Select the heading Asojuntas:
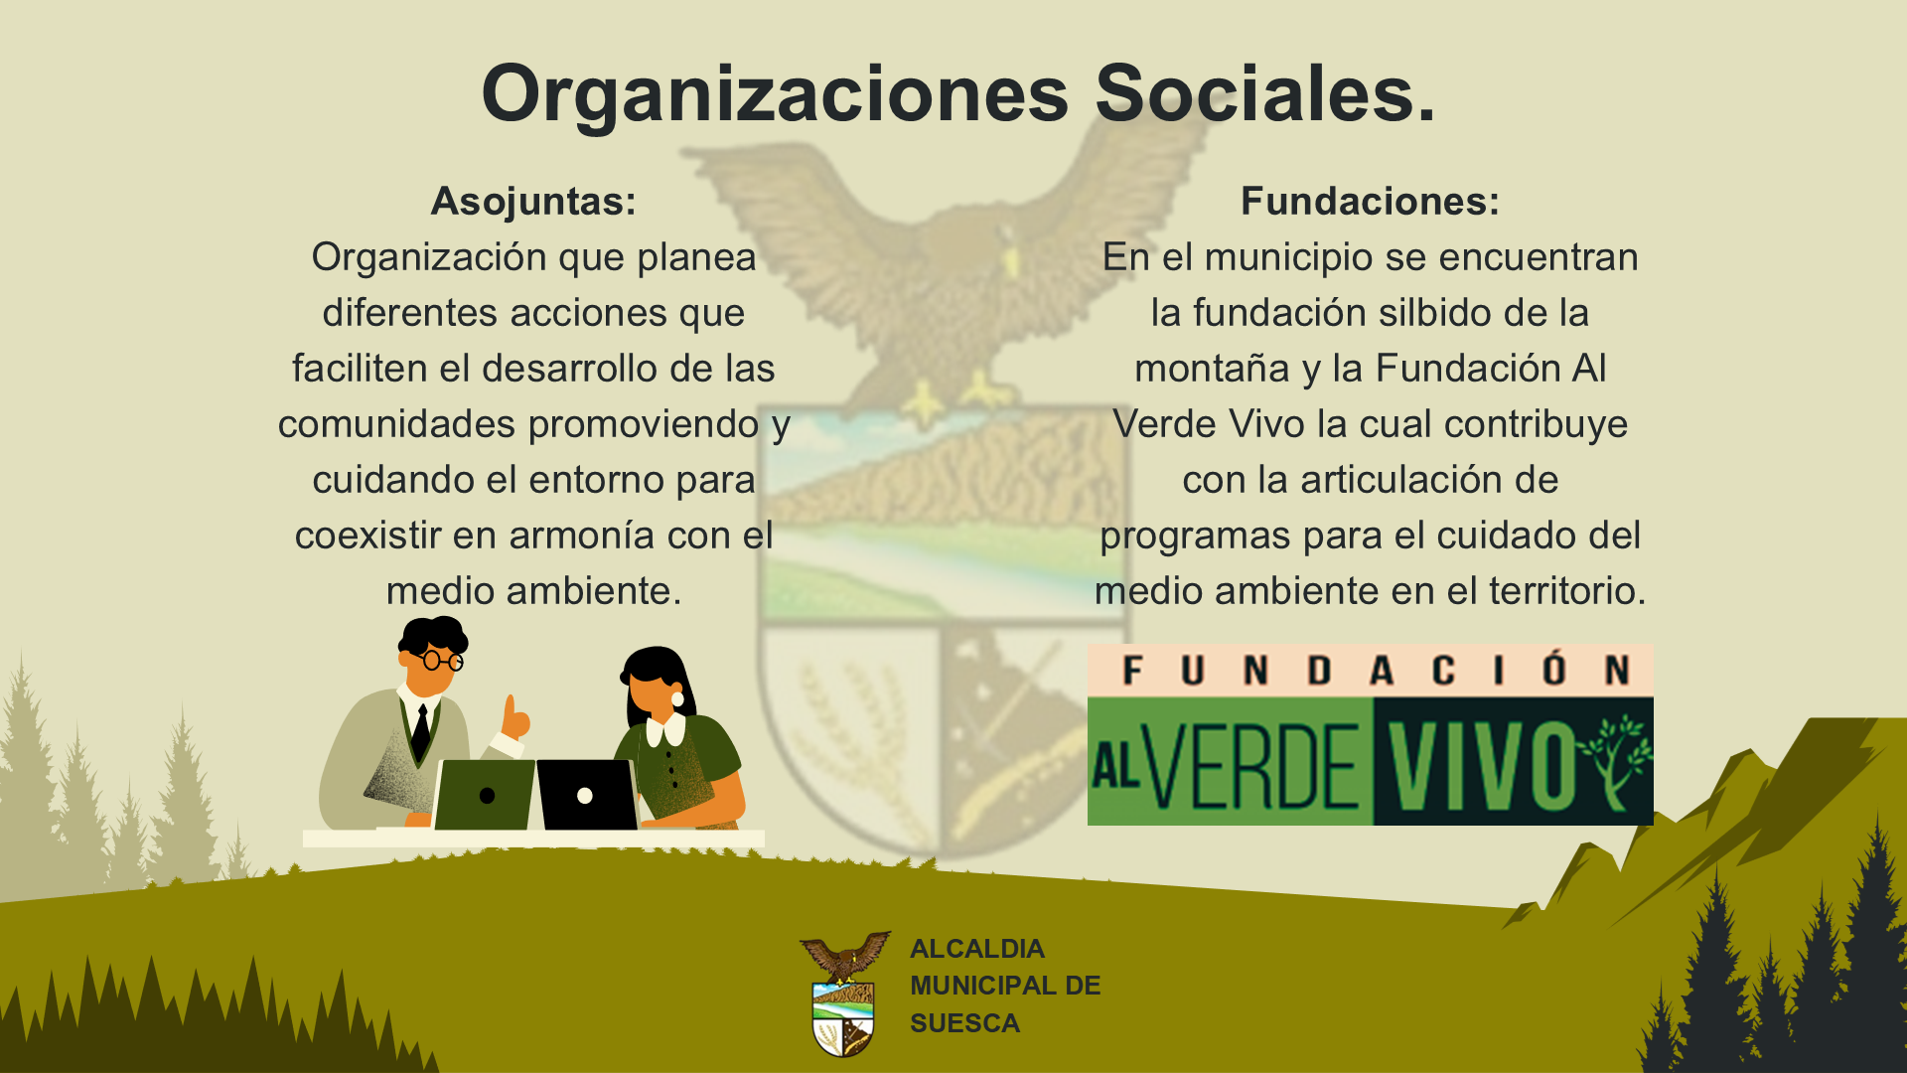click(x=533, y=202)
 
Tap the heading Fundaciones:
click(x=1370, y=201)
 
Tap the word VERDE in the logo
click(x=1253, y=767)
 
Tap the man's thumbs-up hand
click(x=515, y=717)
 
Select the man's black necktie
click(x=421, y=732)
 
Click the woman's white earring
click(x=677, y=698)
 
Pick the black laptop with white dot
click(x=587, y=795)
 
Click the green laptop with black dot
click(x=485, y=795)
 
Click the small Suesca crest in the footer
click(x=844, y=994)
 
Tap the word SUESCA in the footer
click(x=964, y=1023)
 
